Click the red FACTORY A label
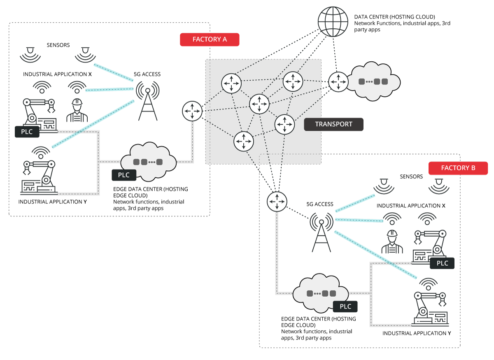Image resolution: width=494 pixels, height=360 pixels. [210, 39]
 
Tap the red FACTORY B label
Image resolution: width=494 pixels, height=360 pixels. [458, 168]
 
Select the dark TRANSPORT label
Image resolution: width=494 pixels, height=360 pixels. [333, 124]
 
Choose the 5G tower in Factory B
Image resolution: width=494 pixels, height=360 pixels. [321, 232]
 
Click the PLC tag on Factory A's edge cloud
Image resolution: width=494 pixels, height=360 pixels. [124, 175]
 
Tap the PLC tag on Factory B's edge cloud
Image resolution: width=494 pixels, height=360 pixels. [345, 307]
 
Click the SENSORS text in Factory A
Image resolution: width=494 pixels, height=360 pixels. [58, 45]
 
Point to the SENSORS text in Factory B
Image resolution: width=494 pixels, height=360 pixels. [411, 177]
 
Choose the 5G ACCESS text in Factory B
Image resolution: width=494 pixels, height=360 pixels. [320, 204]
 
